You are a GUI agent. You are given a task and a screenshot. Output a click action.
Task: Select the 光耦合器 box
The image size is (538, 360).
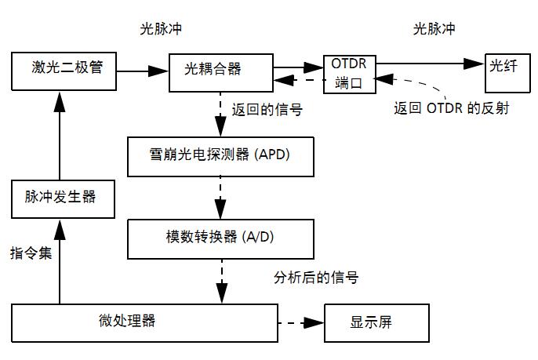[220, 71]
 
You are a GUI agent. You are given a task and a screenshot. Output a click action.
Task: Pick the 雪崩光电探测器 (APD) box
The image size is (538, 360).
[220, 155]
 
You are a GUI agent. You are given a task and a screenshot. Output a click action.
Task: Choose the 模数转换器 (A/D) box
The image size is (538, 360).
[220, 238]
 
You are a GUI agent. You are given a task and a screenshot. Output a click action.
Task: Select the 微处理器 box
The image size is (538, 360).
[145, 322]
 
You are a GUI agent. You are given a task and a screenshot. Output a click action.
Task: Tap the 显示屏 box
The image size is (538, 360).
[376, 322]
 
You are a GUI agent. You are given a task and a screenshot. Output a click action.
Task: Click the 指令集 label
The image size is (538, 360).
[31, 253]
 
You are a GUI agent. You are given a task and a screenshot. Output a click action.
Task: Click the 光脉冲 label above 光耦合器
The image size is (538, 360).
[161, 28]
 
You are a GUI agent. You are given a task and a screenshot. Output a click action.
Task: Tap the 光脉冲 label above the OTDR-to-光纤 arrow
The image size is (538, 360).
[434, 28]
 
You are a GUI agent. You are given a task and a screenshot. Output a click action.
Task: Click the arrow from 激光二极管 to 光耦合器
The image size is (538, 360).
[144, 71]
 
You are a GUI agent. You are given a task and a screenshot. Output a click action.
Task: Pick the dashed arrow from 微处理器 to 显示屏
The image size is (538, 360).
[301, 322]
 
